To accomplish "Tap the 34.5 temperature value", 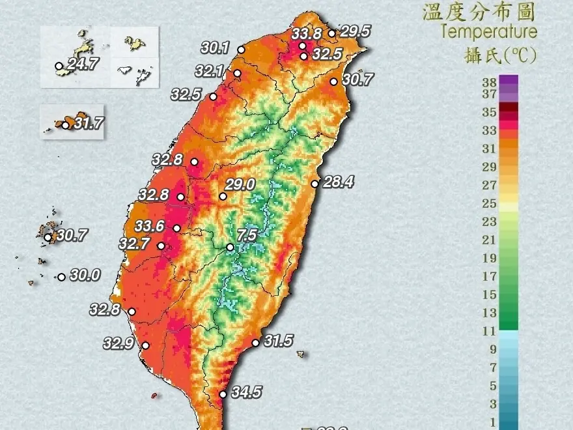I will [x=246, y=392].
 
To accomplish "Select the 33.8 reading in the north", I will [x=306, y=34].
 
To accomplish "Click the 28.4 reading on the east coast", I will [x=338, y=182].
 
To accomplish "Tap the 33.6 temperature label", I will [x=150, y=226].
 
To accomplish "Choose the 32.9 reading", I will [x=119, y=343].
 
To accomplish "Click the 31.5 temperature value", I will [x=278, y=341].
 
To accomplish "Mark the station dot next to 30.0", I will [x=61, y=277].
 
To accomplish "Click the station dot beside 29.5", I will [x=331, y=33].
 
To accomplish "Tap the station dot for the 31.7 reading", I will [x=65, y=125].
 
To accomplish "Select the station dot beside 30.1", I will [x=241, y=50].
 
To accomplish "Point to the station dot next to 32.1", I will [x=237, y=73].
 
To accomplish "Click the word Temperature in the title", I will [x=488, y=31].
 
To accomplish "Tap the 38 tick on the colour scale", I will [x=490, y=81].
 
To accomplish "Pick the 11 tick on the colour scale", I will [x=489, y=331].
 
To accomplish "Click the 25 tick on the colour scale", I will [x=490, y=203].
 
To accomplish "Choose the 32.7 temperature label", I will [x=135, y=244].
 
